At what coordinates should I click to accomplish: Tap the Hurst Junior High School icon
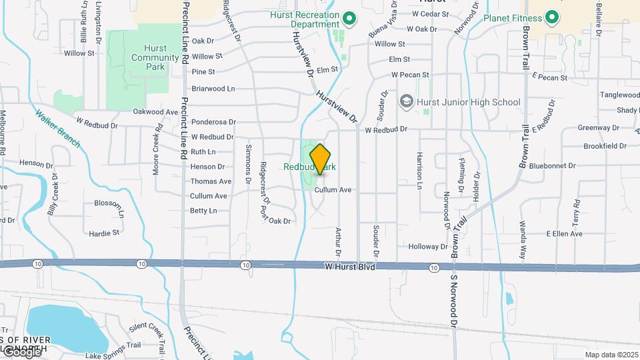click(x=405, y=102)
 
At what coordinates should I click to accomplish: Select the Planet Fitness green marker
click(x=551, y=17)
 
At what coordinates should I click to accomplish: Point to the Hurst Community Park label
click(x=155, y=57)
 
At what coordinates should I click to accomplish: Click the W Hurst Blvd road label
click(x=351, y=267)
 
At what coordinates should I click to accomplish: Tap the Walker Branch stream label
click(x=59, y=128)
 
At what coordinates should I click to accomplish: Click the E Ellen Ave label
click(x=564, y=234)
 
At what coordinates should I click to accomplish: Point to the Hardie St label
click(x=103, y=233)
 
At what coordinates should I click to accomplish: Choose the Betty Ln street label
click(x=203, y=211)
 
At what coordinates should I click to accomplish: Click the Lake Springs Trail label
click(x=112, y=345)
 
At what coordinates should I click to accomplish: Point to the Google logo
click(x=21, y=351)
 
